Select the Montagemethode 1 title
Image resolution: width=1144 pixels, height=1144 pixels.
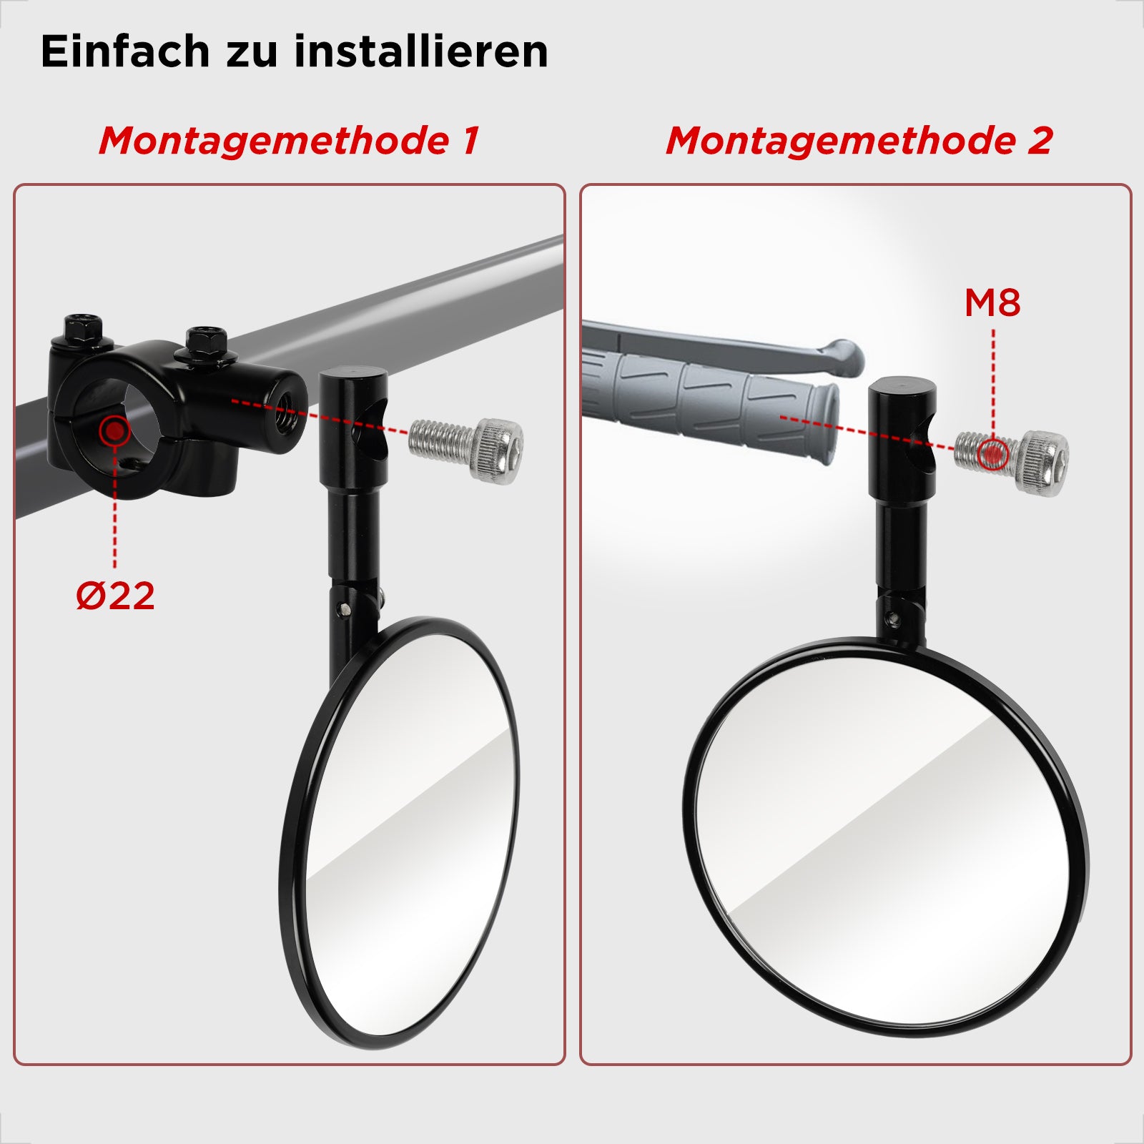coord(289,140)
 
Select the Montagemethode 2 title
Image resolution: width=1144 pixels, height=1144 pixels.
coord(859,140)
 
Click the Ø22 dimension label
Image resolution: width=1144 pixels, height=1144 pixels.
coord(115,596)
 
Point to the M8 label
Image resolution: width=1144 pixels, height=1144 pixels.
coord(992,302)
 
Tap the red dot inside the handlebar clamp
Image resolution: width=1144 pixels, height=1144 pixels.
coord(114,431)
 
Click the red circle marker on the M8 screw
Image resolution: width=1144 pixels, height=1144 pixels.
coord(992,454)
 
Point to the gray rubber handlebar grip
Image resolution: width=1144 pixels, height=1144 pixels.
coord(709,404)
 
